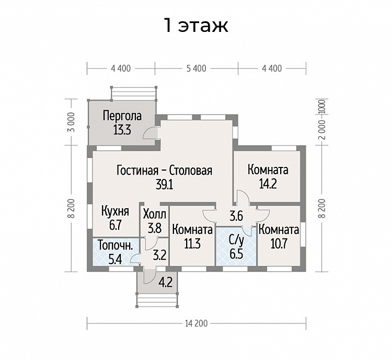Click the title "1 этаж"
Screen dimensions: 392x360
click(x=196, y=25)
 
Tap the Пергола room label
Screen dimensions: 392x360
click(x=122, y=116)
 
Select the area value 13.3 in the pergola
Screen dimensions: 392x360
click(x=122, y=130)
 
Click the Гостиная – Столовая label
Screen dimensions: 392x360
click(x=164, y=171)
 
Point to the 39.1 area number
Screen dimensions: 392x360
click(x=164, y=185)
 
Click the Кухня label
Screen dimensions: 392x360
click(x=116, y=211)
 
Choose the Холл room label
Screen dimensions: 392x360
click(x=155, y=215)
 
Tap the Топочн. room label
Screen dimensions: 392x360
click(x=115, y=245)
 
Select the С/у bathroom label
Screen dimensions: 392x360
click(x=236, y=241)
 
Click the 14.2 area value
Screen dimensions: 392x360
click(x=268, y=184)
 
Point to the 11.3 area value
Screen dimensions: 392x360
click(x=192, y=244)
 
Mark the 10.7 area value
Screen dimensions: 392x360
click(x=279, y=243)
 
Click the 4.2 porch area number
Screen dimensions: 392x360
click(x=166, y=282)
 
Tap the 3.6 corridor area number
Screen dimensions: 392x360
click(x=236, y=216)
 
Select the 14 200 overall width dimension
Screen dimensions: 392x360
click(x=197, y=323)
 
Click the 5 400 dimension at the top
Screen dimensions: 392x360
click(x=197, y=69)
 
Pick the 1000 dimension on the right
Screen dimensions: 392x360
click(x=322, y=107)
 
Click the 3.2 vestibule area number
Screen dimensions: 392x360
click(x=160, y=255)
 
